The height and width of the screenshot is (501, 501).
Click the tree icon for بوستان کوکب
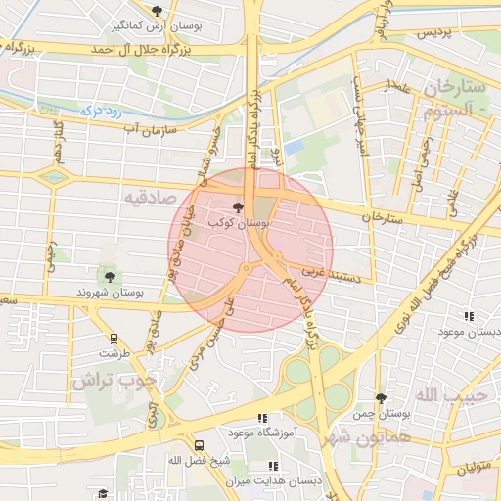pos(240,207)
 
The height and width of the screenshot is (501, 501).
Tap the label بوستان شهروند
pos(111,293)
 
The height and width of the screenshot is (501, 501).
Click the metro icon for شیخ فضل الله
pos(200,444)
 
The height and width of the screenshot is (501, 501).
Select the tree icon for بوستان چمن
pos(381,398)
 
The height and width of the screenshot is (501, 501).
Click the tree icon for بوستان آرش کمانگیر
pos(157,11)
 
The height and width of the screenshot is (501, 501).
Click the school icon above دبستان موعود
pos(469,316)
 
